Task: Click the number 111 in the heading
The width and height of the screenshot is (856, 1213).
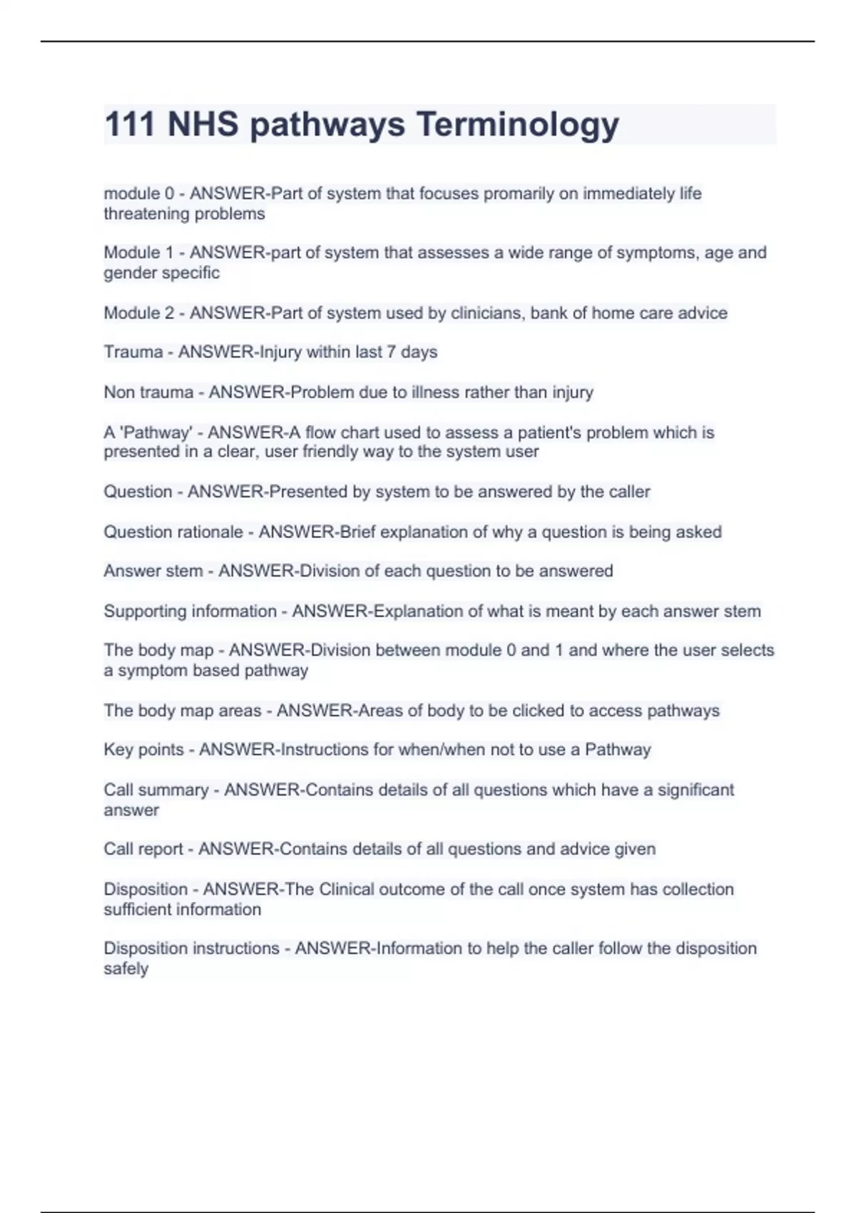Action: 130,125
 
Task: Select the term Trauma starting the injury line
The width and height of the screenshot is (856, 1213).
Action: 133,352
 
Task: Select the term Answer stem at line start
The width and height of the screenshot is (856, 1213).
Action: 153,571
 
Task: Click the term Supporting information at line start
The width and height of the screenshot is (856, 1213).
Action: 190,611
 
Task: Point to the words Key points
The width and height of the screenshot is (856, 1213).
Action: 143,749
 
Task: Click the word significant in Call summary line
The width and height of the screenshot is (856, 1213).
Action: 695,790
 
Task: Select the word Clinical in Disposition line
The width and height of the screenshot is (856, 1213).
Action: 346,889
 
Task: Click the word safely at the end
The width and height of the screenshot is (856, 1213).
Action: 126,968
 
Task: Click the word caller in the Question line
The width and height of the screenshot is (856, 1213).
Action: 629,492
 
